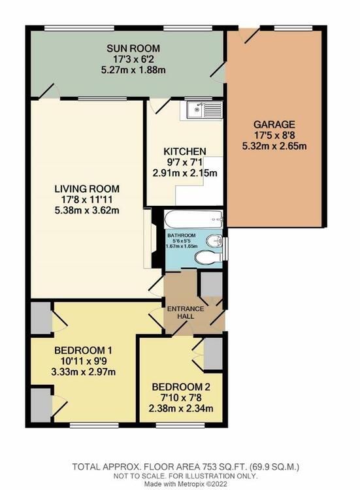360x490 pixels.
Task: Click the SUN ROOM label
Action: tap(133, 48)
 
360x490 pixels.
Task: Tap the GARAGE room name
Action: tap(274, 124)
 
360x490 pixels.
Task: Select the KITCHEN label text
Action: tap(185, 152)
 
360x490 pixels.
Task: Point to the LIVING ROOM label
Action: tap(87, 189)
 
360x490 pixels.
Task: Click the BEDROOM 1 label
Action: tap(83, 350)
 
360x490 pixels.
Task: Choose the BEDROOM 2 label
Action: tap(181, 387)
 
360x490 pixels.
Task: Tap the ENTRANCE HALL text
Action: tap(186, 312)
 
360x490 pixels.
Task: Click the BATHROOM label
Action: tap(181, 235)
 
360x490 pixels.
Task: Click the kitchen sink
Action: tap(205, 109)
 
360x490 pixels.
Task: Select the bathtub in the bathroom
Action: tap(193, 220)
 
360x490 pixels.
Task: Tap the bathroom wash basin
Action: tap(214, 240)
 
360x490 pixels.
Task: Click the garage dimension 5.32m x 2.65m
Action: tap(274, 146)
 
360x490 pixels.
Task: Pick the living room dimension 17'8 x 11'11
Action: tap(87, 199)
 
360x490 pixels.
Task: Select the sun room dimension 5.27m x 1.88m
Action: tap(133, 70)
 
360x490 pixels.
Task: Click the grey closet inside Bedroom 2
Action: tap(213, 353)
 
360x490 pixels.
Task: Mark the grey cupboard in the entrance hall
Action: tap(212, 284)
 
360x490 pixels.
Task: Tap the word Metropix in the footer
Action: tap(188, 483)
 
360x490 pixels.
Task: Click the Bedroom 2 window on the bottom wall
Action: tap(180, 425)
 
